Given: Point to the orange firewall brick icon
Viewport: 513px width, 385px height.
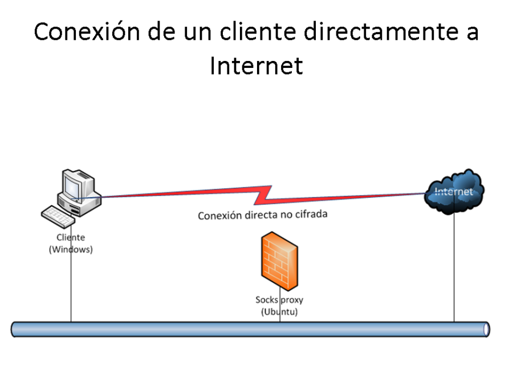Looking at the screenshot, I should coord(280,261).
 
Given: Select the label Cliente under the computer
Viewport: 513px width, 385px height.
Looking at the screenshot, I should coord(71,238).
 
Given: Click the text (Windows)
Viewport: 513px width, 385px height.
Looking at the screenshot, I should coord(71,250).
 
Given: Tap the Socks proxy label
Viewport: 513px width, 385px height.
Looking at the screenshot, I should coord(279,300).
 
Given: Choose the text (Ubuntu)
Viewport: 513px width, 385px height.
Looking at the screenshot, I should coord(279,312).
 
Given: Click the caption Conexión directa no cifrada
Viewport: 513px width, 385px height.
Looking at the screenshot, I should coord(263,216).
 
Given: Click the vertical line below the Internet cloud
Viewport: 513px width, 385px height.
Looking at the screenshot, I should coord(454,268).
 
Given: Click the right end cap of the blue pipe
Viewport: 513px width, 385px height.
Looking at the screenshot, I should coord(485,329).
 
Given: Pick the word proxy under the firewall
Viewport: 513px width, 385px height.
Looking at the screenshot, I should coord(293,300).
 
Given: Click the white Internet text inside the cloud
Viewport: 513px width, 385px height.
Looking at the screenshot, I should coord(454,192).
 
